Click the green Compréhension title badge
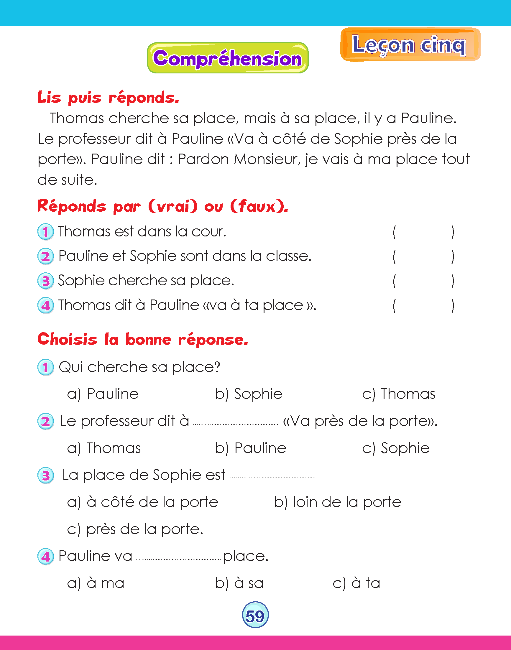(x=228, y=58)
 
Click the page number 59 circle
(x=255, y=616)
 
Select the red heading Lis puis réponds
(x=108, y=98)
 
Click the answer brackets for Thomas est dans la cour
(x=423, y=232)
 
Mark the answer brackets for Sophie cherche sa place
(x=423, y=281)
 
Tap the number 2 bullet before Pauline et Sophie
(x=46, y=257)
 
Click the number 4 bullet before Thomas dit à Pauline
(x=46, y=306)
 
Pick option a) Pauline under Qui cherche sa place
(x=103, y=394)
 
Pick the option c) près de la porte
(x=135, y=529)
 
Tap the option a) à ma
(x=96, y=583)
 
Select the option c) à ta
(x=356, y=583)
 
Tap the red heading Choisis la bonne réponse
(x=143, y=340)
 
